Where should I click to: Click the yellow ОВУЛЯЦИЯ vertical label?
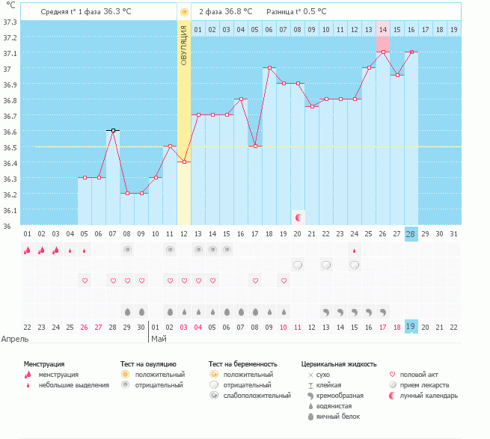tap(184, 46)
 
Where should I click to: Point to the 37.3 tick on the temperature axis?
tap(10, 21)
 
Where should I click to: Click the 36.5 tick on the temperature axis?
tap(10, 147)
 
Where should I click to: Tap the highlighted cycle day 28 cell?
tap(411, 234)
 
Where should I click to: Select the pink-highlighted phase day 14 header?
tap(383, 29)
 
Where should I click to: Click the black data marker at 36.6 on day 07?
tap(113, 130)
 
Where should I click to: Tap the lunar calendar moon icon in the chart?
tap(298, 217)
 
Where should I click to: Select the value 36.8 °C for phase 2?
tap(238, 12)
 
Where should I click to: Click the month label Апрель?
tap(16, 339)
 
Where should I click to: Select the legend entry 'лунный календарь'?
tap(429, 395)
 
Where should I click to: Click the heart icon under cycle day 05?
tap(85, 280)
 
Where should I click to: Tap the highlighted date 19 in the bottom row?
tap(411, 326)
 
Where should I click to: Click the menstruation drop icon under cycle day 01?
tap(28, 251)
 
